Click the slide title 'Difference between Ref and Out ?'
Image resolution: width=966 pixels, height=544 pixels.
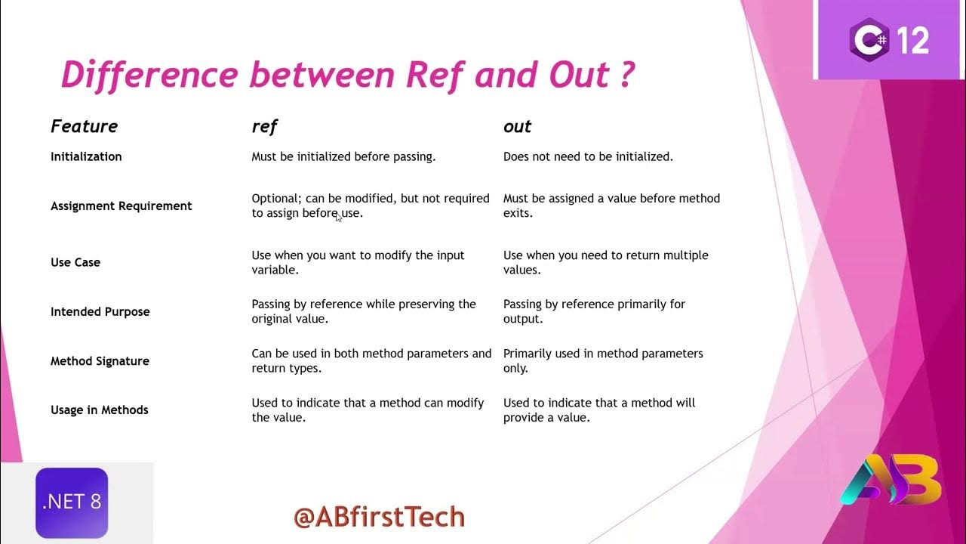347,76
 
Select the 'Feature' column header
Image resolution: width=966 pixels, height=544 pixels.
84,126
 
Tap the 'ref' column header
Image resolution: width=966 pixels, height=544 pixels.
264,126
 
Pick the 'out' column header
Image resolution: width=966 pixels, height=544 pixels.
517,126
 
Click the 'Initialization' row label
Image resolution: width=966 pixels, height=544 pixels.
86,156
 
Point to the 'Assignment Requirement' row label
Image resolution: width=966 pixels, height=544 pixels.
121,206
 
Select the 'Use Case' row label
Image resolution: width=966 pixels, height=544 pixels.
75,262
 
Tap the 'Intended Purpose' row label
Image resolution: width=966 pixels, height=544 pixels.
100,311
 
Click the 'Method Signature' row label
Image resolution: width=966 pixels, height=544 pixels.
100,360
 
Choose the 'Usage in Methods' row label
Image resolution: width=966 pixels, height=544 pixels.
99,410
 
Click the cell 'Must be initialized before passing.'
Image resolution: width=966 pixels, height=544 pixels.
343,156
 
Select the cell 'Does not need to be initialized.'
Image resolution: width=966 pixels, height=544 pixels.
588,156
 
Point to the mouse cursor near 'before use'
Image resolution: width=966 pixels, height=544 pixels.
339,218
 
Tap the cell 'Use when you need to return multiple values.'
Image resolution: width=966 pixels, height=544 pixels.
605,262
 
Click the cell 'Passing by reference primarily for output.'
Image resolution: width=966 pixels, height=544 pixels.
594,311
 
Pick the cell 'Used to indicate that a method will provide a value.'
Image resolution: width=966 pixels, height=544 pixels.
598,410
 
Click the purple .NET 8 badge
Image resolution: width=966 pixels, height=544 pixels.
72,502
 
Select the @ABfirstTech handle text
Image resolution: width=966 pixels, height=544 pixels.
379,517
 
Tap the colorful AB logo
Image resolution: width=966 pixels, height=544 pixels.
891,479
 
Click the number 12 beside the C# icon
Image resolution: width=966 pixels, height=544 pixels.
913,39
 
